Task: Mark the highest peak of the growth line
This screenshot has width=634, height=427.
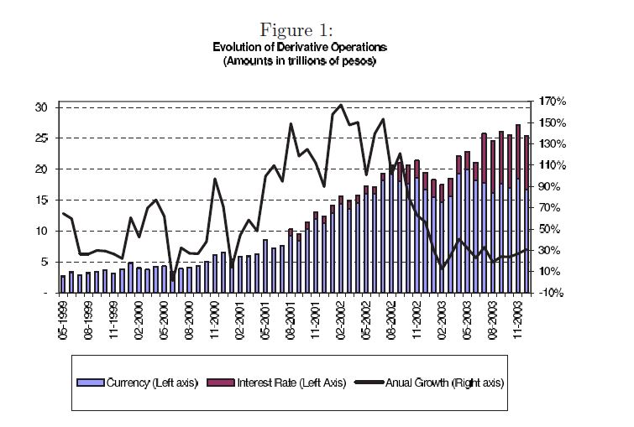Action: click(341, 106)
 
